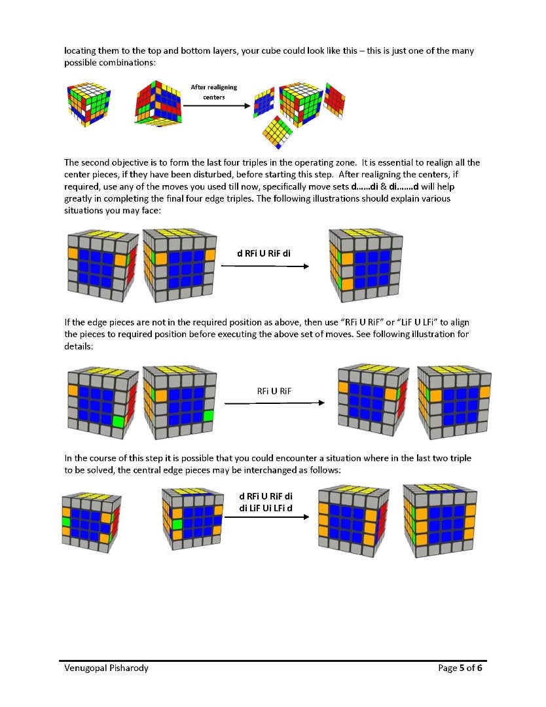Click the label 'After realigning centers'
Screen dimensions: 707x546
coord(213,92)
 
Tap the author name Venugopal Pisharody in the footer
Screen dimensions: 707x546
coord(101,668)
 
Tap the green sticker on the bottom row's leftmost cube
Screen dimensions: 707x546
coord(66,522)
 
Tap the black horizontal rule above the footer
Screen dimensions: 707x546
coord(273,660)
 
